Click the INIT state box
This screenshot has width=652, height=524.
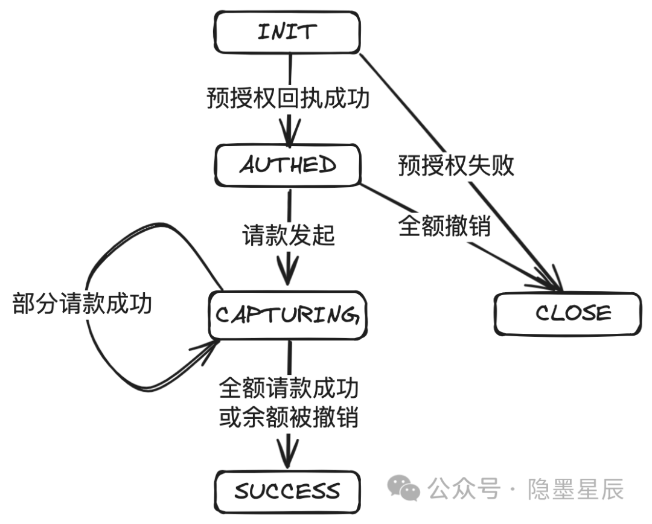pyautogui.click(x=287, y=31)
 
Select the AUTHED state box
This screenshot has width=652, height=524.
pyautogui.click(x=287, y=165)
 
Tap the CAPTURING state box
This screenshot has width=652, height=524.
pyautogui.click(x=287, y=315)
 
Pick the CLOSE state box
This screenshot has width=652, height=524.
pyautogui.click(x=567, y=313)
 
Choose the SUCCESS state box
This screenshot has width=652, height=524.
pyautogui.click(x=287, y=490)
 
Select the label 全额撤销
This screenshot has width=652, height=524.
pyautogui.click(x=444, y=226)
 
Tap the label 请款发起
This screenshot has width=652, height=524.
pyautogui.click(x=288, y=235)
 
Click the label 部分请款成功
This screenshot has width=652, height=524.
pyautogui.click(x=82, y=304)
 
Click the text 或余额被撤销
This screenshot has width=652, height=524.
pyautogui.click(x=288, y=418)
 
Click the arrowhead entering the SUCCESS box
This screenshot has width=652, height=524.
pyautogui.click(x=289, y=458)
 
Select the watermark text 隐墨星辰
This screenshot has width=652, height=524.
pyautogui.click(x=575, y=488)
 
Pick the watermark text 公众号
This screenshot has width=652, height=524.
pyautogui.click(x=464, y=488)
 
